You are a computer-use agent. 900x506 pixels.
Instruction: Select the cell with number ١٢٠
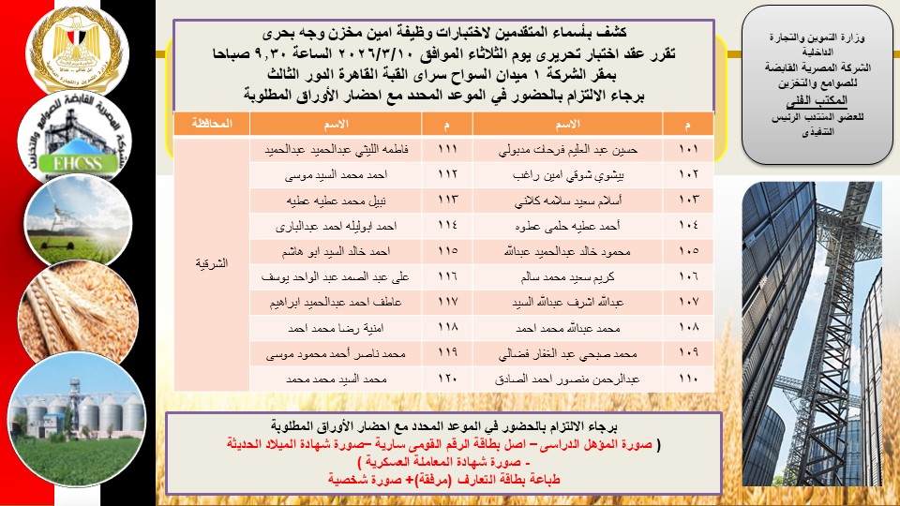(448, 379)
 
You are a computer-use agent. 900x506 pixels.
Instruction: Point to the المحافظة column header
(211, 125)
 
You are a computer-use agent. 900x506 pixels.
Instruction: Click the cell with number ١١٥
(448, 252)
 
